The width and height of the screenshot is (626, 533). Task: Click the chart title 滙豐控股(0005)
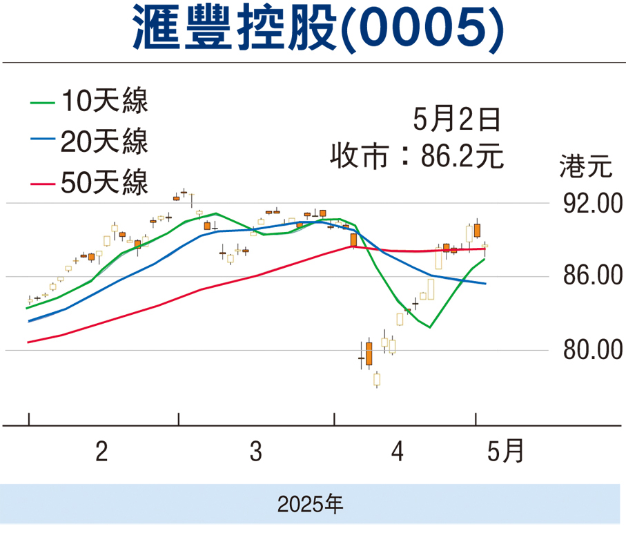pyautogui.click(x=313, y=30)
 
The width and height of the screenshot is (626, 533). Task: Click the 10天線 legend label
pyautogui.click(x=104, y=102)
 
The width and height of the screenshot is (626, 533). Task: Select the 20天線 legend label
pyautogui.click(x=104, y=143)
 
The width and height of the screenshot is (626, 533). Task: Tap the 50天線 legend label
pyautogui.click(x=104, y=184)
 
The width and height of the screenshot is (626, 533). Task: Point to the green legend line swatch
pyautogui.click(x=41, y=103)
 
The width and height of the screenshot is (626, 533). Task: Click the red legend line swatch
pyautogui.click(x=41, y=184)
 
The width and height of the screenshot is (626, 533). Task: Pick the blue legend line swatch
pyautogui.click(x=41, y=144)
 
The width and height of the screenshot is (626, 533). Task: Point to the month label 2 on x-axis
pyautogui.click(x=101, y=453)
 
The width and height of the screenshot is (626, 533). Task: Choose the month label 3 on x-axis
pyautogui.click(x=256, y=453)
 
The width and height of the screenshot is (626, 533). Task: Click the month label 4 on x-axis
pyautogui.click(x=397, y=453)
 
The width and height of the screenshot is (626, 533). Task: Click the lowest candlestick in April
pyautogui.click(x=377, y=379)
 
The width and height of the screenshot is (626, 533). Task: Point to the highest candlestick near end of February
pyautogui.click(x=184, y=193)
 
